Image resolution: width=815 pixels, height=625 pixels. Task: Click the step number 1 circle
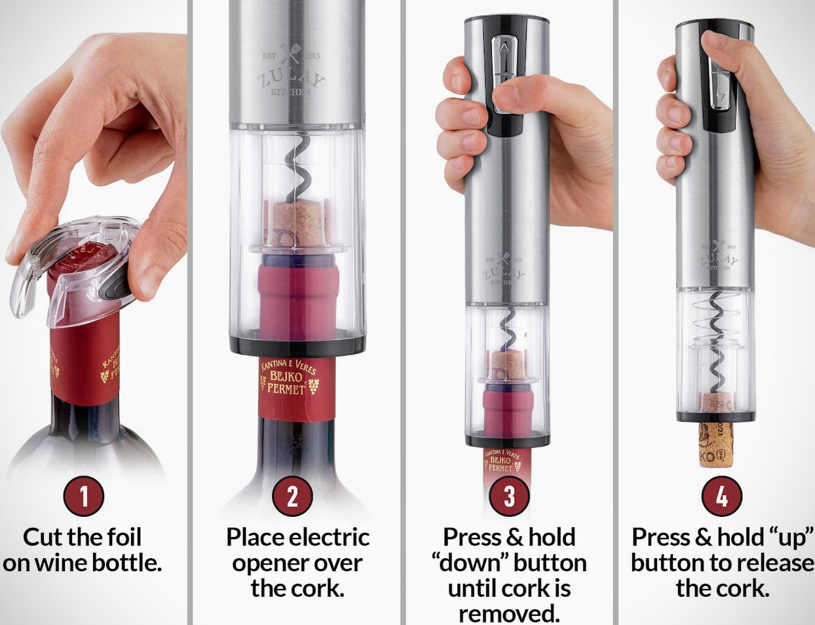pyautogui.click(x=83, y=497)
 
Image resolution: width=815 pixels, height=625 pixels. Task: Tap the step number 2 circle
pyautogui.click(x=292, y=497)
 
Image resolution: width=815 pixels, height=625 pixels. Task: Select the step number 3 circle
pyautogui.click(x=509, y=497)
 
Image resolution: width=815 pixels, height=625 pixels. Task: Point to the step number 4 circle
pyautogui.click(x=721, y=497)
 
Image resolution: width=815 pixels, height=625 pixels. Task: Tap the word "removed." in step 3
pyautogui.click(x=509, y=614)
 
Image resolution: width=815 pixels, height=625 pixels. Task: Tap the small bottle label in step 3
pyautogui.click(x=502, y=461)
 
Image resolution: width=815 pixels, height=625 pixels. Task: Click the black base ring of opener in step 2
pyautogui.click(x=297, y=345)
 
